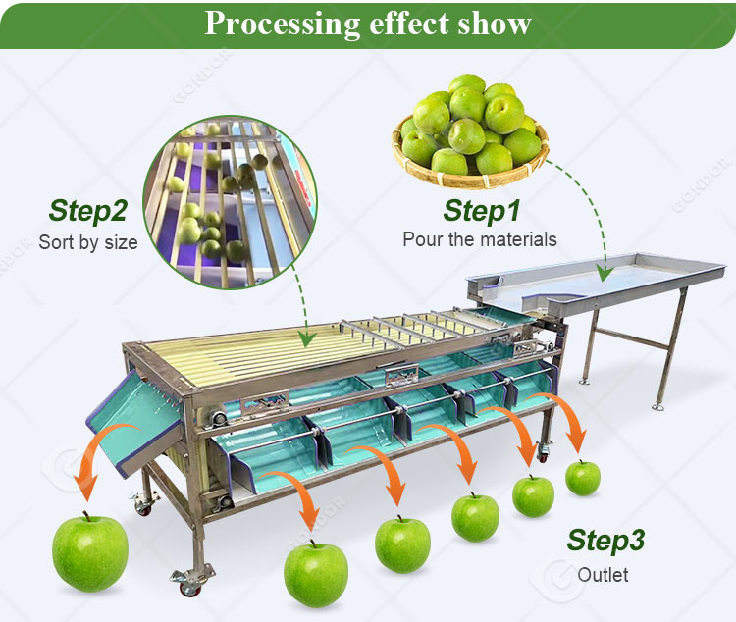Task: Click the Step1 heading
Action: point(482,211)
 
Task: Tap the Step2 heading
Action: point(87,211)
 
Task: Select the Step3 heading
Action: point(605,541)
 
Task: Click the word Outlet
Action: point(603,575)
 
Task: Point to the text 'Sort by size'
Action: point(88,242)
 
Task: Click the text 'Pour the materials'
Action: point(480,239)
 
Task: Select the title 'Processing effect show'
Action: point(368,23)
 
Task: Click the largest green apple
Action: point(90,552)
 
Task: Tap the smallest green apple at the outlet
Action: point(583,478)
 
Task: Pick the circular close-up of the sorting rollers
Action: point(230,202)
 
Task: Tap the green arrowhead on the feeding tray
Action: point(605,274)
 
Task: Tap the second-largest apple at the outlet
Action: point(316,574)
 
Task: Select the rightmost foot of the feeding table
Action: point(658,406)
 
